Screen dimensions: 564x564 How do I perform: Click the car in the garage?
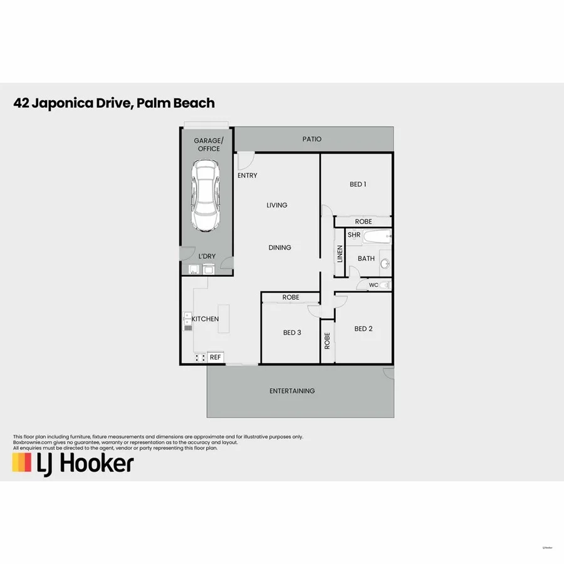tap(206, 195)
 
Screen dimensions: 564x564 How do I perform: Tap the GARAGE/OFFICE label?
tap(208, 145)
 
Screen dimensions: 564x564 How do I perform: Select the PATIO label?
tap(311, 139)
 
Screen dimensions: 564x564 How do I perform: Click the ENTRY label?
tap(247, 175)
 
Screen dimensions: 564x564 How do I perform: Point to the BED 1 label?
tap(358, 184)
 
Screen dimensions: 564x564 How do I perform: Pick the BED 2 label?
tap(363, 329)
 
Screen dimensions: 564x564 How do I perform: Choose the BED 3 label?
tap(291, 333)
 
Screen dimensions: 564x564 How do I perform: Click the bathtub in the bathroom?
tap(377, 238)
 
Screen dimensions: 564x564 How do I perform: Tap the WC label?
tap(373, 285)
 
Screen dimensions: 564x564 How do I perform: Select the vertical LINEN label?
tap(340, 254)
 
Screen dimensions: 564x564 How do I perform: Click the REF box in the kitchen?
tap(215, 357)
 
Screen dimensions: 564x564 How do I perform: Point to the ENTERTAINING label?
tap(292, 391)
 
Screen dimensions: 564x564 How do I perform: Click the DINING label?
tap(279, 248)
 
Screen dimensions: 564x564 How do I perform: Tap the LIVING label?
tap(276, 205)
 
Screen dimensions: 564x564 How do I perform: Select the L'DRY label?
tap(207, 257)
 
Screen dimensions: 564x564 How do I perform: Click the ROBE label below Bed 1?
tap(363, 222)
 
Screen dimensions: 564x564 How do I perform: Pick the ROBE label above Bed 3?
tap(291, 298)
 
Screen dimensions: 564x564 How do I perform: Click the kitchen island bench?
tap(224, 320)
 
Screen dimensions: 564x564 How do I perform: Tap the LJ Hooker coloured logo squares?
tap(22, 462)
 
